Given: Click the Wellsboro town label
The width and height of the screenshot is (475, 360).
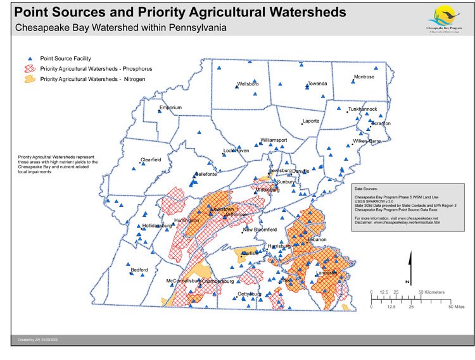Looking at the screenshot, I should click(x=248, y=84).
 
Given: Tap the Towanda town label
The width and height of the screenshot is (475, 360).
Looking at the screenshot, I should click(x=317, y=84).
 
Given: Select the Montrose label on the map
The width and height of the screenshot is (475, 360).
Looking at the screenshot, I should click(x=364, y=77).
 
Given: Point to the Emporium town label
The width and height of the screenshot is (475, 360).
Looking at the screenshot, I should click(x=170, y=108).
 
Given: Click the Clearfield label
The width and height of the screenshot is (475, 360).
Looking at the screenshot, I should click(x=151, y=159).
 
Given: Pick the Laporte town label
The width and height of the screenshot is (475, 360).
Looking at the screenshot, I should click(x=311, y=121).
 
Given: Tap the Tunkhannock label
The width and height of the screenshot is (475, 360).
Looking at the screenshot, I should click(x=362, y=109).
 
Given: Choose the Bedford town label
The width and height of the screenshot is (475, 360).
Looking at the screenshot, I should click(x=139, y=270).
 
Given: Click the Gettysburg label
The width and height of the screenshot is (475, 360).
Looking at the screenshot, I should click(x=250, y=294).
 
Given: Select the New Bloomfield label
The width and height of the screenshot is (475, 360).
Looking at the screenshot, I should click(x=260, y=229).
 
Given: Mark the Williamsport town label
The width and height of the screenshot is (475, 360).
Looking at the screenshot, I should click(x=274, y=140).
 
